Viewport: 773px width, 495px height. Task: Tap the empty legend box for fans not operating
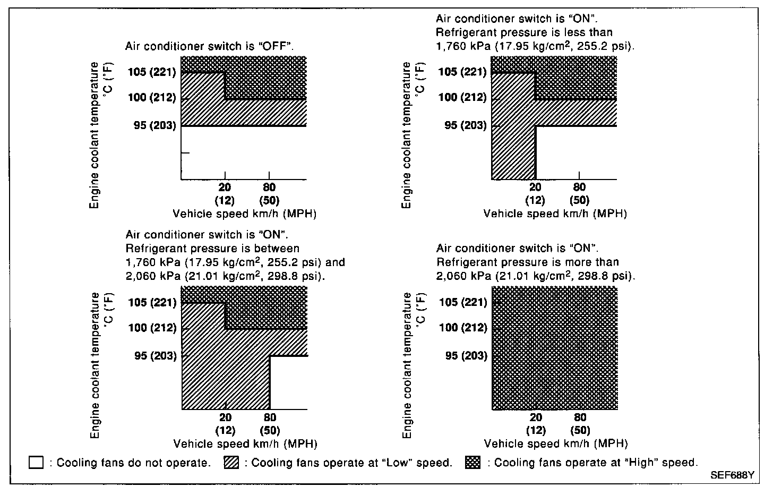tap(36, 463)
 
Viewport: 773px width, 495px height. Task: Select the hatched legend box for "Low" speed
tap(232, 463)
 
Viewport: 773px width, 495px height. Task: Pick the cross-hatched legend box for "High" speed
tap(473, 463)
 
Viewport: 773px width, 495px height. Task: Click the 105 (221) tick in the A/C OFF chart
tap(152, 72)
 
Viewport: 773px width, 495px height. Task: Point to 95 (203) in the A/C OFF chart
tap(154, 125)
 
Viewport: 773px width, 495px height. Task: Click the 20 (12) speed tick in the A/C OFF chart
tap(225, 193)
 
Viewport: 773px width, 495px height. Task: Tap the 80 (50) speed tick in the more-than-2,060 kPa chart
tap(580, 424)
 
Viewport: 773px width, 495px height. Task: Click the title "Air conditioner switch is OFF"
tap(210, 46)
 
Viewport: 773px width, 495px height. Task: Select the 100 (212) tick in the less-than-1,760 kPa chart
tap(462, 97)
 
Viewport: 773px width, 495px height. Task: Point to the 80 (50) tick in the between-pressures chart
tap(270, 424)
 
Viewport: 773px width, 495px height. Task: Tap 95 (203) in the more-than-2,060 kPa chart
tap(466, 355)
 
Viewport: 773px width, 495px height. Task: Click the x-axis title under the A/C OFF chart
tap(245, 214)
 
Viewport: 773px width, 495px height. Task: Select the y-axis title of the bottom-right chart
tap(407, 365)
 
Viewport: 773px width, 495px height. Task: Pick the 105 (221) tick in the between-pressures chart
tap(152, 302)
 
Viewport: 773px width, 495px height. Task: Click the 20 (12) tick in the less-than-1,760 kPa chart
tap(535, 193)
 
